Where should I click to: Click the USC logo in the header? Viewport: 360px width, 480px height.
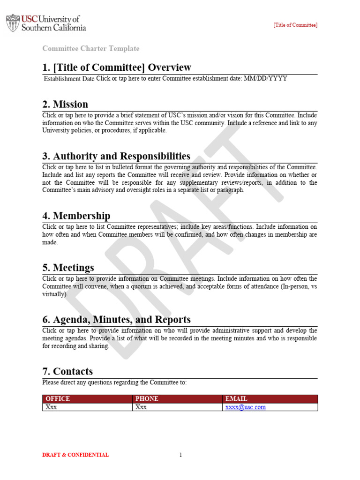(46, 23)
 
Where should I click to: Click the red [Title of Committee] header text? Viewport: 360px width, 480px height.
(295, 25)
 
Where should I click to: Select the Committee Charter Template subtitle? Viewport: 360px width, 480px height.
(91, 49)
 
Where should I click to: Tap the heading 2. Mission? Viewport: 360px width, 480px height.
(65, 104)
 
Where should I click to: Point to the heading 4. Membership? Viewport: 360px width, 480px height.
(76, 216)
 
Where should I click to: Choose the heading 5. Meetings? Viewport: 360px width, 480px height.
(68, 268)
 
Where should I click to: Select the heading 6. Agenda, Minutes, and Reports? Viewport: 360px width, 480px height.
(116, 320)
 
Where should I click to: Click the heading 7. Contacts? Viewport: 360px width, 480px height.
(67, 372)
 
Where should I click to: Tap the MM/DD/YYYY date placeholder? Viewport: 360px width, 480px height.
(265, 79)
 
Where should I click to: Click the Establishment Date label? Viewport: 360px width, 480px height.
(69, 79)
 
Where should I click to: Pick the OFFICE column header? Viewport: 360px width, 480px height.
(57, 399)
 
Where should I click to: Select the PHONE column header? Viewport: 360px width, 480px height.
(147, 399)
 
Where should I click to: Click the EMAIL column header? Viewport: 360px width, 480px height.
(236, 399)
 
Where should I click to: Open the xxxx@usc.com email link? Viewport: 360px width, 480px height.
(246, 407)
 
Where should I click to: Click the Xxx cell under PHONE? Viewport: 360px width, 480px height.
(141, 407)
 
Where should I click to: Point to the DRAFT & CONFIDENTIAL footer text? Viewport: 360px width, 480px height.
(75, 455)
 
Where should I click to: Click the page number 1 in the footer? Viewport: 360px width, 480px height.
(180, 455)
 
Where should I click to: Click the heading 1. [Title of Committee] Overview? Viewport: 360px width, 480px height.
(117, 67)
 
